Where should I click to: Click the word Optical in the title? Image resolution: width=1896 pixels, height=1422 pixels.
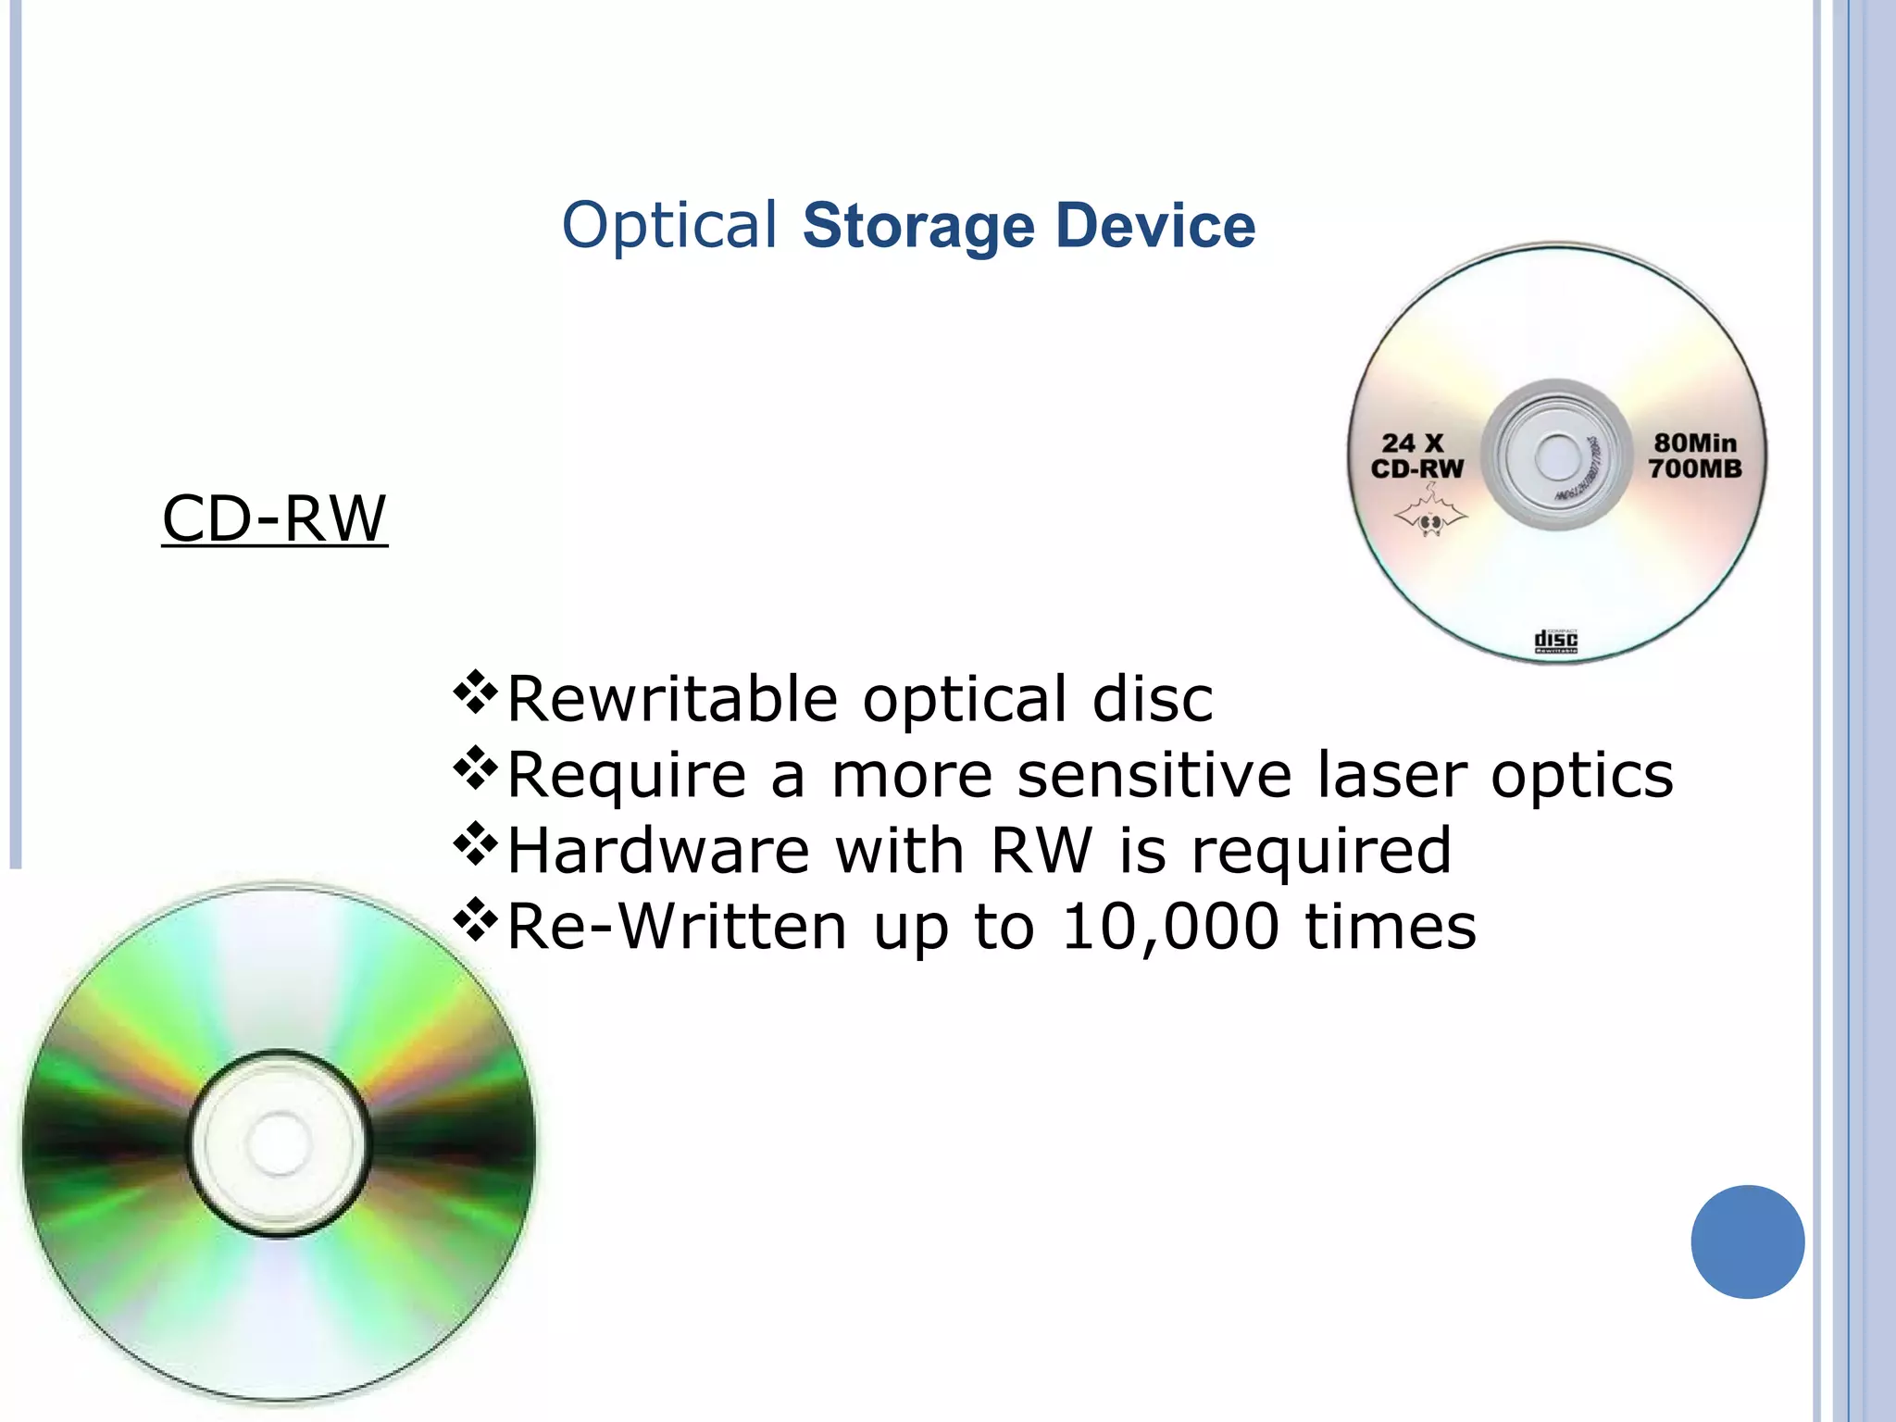click(x=668, y=226)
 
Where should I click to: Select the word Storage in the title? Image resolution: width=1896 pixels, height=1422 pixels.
click(x=917, y=226)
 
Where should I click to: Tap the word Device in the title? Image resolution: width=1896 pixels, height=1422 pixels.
click(x=1155, y=226)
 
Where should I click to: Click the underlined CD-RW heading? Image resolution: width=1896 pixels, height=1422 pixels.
click(x=274, y=518)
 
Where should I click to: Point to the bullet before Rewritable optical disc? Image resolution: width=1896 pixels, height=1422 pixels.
click(x=476, y=692)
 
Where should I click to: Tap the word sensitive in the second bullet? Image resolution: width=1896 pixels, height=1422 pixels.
click(x=1154, y=775)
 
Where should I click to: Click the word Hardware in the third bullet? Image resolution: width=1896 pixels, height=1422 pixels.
click(x=658, y=851)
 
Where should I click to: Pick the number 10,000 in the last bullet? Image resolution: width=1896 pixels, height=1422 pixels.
click(x=1170, y=927)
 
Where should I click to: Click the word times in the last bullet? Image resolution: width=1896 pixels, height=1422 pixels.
click(x=1391, y=927)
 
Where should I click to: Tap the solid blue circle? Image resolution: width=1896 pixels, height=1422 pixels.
click(x=1747, y=1241)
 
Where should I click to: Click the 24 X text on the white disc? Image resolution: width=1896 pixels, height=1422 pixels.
click(x=1413, y=443)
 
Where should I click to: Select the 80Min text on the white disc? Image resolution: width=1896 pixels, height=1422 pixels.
click(x=1695, y=443)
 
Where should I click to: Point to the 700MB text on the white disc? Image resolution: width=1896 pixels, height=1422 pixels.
click(x=1695, y=468)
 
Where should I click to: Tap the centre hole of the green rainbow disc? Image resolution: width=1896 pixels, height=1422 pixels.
click(x=279, y=1143)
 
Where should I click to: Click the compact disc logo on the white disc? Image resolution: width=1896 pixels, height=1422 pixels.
click(x=1556, y=641)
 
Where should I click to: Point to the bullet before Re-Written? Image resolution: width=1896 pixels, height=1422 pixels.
click(x=476, y=920)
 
